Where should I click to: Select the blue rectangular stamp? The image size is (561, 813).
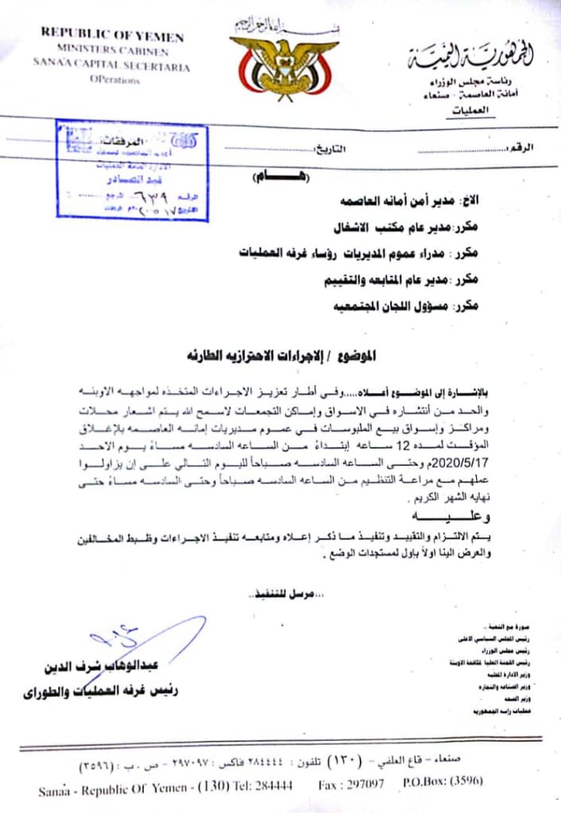(132, 170)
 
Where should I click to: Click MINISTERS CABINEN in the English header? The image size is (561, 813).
(113, 52)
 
